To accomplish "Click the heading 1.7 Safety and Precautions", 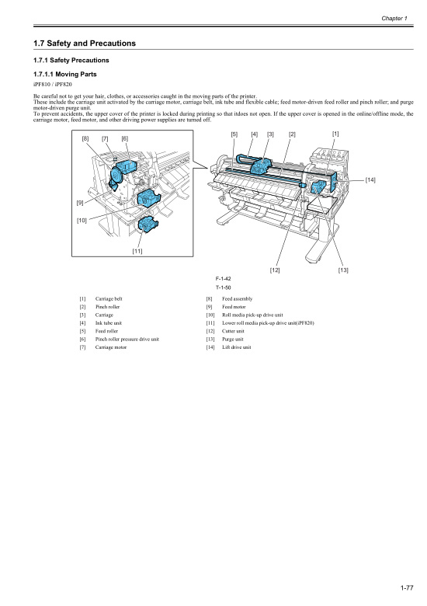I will pos(80,43).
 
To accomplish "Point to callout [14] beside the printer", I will pos(370,180).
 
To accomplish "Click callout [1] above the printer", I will pos(335,134).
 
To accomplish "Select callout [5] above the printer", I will pos(234,134).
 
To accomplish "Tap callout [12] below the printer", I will pos(275,270).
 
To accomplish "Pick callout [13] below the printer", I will pos(343,270).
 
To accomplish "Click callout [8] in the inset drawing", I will pos(85,138).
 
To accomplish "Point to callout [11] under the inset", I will pos(137,250).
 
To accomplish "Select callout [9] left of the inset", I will pos(80,203).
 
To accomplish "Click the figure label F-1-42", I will pos(222,278).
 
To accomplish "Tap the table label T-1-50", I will pos(222,287).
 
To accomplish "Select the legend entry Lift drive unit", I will pos(236,347).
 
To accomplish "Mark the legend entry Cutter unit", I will pos(233,331).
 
